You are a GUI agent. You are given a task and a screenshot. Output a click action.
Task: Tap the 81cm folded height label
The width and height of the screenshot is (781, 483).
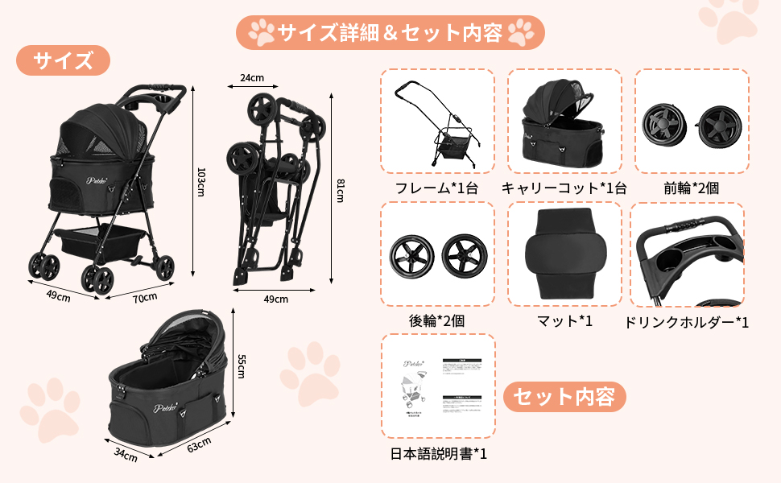pos(340,191)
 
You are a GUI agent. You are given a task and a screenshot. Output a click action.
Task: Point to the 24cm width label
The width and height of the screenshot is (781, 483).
pos(252,78)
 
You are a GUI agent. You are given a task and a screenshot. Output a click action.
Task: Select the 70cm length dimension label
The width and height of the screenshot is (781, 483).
pos(145,299)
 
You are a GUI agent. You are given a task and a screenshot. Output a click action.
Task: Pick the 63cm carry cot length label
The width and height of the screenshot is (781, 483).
pos(197,444)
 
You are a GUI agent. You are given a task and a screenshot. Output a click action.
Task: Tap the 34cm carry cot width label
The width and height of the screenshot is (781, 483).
pos(125,456)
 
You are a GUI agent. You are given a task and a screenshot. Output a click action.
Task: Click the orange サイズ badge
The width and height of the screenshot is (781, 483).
pos(63,60)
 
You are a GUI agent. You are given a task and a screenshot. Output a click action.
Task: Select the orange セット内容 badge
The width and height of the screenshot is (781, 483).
pos(564,396)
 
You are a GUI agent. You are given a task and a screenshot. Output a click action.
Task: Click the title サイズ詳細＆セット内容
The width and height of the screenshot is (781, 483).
pos(390,32)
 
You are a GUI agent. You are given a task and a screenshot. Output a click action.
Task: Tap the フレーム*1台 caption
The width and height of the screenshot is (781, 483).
pos(437,188)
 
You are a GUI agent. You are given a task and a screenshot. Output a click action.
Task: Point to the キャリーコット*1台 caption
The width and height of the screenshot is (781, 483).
pos(564,188)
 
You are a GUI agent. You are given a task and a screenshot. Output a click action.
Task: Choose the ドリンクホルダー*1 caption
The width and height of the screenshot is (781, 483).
pos(687,322)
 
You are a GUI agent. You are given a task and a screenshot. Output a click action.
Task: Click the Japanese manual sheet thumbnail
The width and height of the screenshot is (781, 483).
pos(437,386)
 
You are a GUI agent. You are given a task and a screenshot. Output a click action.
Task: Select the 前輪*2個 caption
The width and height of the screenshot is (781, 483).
pos(691,188)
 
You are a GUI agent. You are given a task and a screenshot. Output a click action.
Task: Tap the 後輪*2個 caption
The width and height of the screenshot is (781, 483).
pos(437,320)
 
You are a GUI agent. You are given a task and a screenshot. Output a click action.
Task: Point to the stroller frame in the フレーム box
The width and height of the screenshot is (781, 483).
pos(437,121)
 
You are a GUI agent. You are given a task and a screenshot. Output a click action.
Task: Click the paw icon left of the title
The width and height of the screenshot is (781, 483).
pos(261,33)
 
